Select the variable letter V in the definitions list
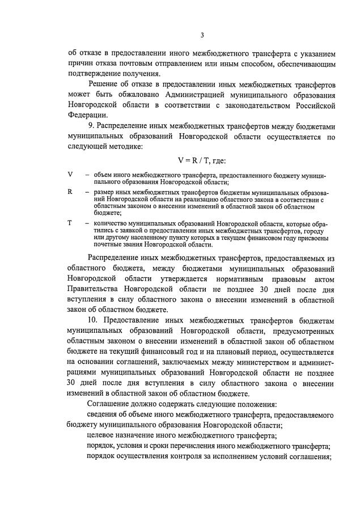coord(70,175)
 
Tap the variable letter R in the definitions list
coord(70,192)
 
